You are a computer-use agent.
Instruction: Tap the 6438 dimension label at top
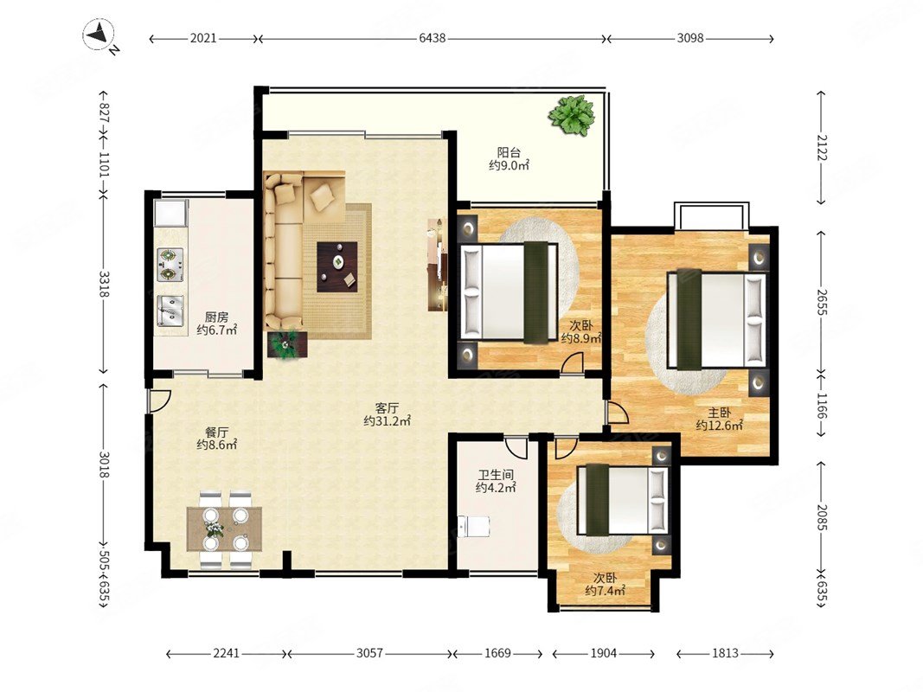(432, 38)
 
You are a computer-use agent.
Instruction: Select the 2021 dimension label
(203, 38)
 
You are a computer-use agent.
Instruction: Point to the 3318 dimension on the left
(104, 285)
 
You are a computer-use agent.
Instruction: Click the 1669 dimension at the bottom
(497, 653)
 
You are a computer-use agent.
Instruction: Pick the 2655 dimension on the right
(822, 302)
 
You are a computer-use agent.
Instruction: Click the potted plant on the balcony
(571, 116)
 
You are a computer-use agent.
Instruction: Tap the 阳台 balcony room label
(509, 152)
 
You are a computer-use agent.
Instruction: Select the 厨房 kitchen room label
(216, 317)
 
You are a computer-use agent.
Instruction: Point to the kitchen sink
(170, 311)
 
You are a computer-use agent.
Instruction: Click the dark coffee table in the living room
(337, 266)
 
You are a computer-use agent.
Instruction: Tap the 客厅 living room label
(388, 407)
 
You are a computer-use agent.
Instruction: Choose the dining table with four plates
(224, 529)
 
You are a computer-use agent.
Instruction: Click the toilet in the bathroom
(474, 526)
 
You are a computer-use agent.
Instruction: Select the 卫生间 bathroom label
(496, 474)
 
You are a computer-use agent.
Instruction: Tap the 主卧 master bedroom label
(720, 413)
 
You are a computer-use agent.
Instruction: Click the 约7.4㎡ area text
(606, 591)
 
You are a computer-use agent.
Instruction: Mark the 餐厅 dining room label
(216, 432)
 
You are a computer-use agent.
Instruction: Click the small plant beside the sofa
(288, 345)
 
